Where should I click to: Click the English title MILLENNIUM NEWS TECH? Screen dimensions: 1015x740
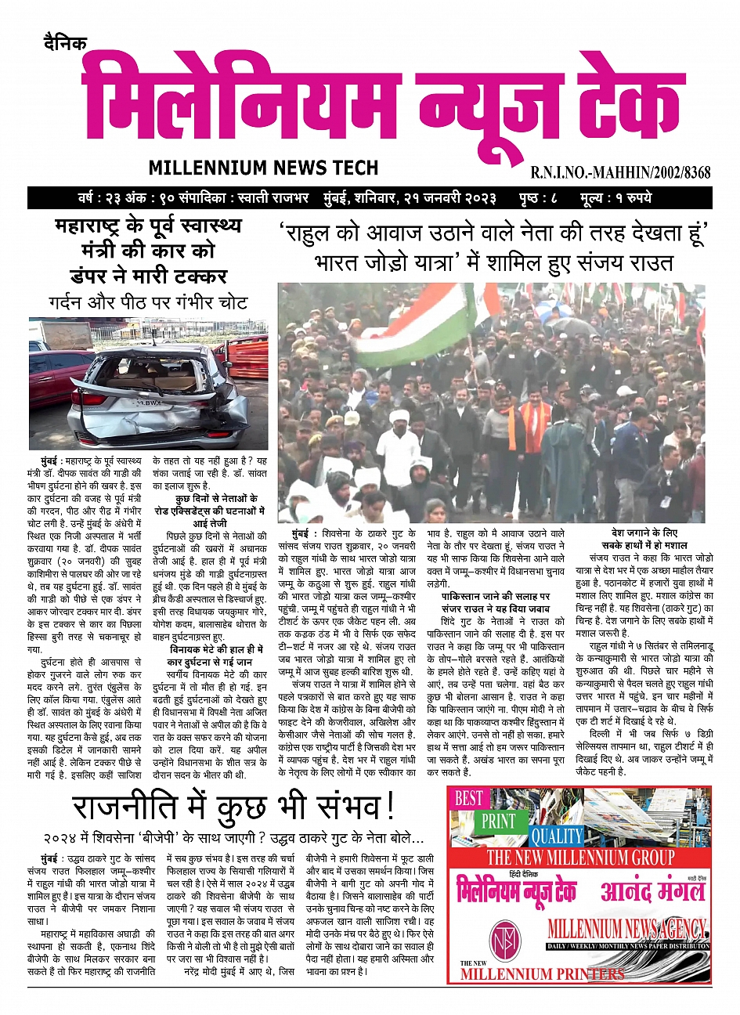point(262,168)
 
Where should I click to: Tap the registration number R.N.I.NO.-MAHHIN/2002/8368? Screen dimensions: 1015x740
point(620,172)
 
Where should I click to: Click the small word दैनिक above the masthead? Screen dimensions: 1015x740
point(66,44)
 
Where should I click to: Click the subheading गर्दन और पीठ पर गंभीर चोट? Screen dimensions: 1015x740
point(148,303)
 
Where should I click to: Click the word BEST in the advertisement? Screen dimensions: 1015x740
point(469,798)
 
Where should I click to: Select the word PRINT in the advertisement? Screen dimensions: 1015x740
point(498,821)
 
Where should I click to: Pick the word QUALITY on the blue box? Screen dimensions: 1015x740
point(557,836)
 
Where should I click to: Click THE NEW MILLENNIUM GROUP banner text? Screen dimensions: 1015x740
point(580,857)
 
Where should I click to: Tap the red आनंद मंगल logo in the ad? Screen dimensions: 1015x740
point(652,891)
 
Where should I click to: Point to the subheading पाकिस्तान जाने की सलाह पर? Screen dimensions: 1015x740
point(495,596)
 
